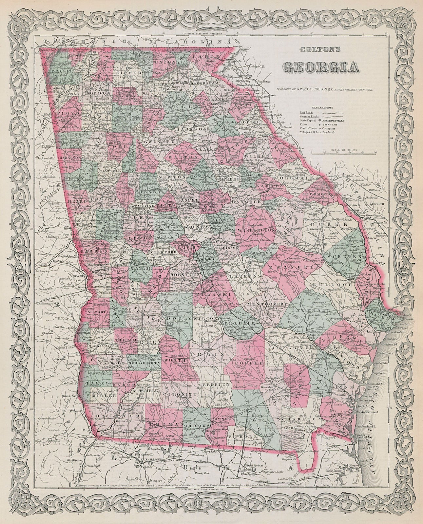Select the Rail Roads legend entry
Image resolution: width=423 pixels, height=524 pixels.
(x=306, y=112)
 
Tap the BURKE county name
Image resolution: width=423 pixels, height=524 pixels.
(x=319, y=226)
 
